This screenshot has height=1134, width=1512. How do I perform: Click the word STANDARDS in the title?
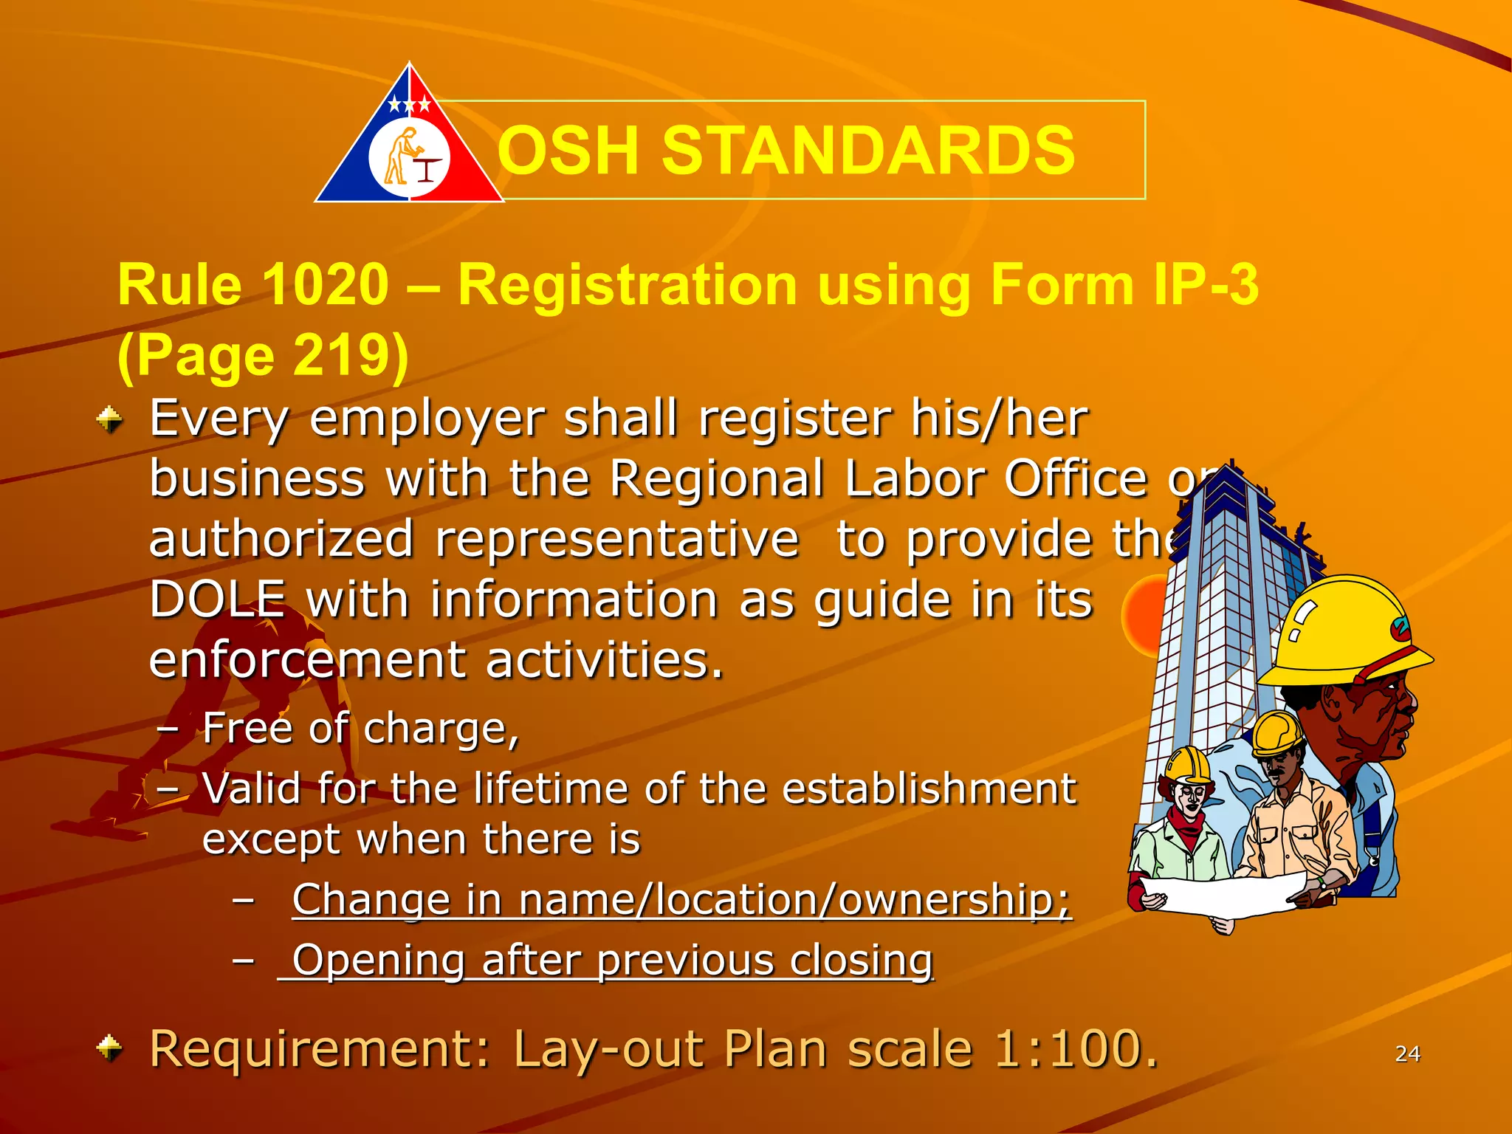tap(868, 151)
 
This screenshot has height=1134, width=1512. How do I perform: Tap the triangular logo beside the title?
tap(410, 140)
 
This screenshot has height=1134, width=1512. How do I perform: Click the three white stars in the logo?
tap(410, 104)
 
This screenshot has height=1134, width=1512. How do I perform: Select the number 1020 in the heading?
tap(325, 284)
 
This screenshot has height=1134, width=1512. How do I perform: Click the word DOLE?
tap(217, 599)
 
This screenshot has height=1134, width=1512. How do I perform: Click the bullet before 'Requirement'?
tap(109, 1048)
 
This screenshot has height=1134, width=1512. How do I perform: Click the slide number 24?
tap(1407, 1054)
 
